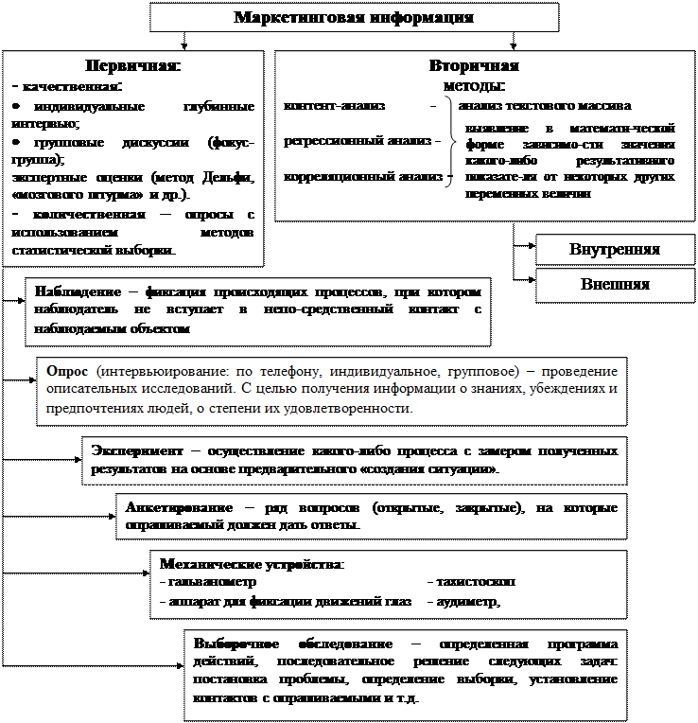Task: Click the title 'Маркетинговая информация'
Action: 353,18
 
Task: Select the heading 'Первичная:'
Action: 132,66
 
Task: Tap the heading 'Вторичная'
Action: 473,66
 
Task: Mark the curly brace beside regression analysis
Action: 450,142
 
